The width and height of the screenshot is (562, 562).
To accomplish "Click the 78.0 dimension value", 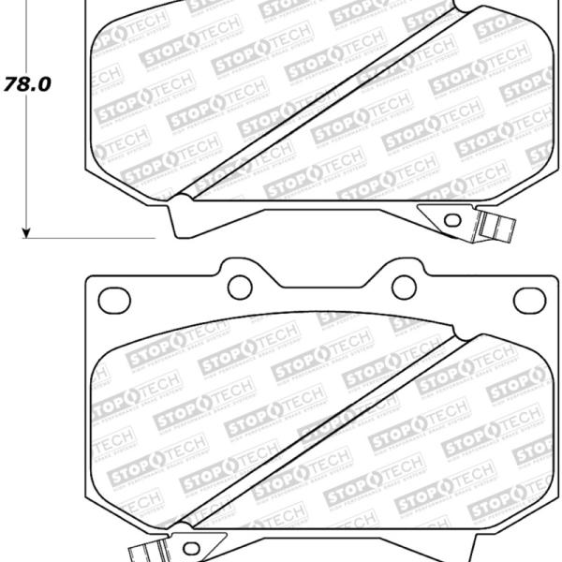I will (28, 82).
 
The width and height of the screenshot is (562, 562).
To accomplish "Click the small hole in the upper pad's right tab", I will (452, 221).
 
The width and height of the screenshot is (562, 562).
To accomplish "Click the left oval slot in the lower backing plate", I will (111, 301).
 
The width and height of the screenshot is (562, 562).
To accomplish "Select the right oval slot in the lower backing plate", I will (529, 301).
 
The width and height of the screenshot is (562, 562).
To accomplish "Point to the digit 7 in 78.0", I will (13, 82).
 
